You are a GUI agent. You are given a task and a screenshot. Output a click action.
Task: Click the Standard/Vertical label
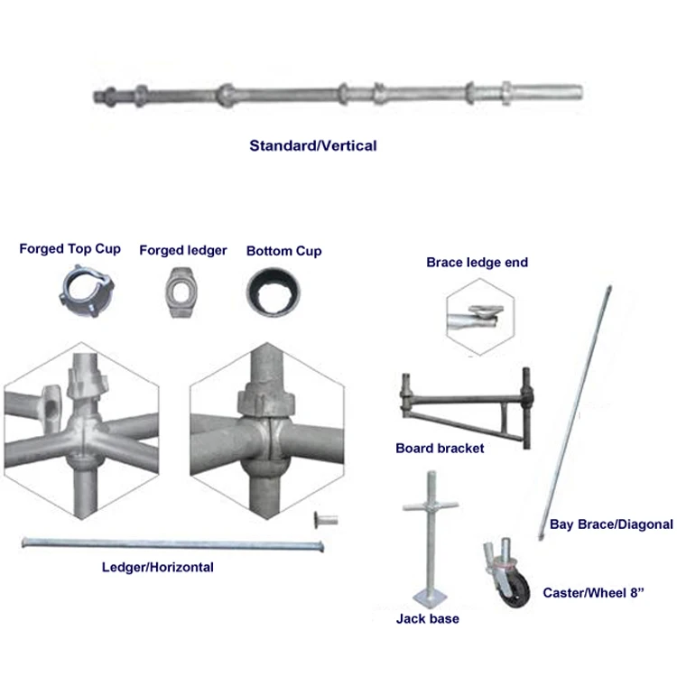click(x=312, y=144)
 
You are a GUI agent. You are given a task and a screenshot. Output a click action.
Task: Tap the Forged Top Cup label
click(x=70, y=249)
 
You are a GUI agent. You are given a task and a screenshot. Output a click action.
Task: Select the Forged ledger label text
click(x=182, y=250)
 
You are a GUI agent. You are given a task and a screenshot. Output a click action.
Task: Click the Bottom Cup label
click(x=283, y=250)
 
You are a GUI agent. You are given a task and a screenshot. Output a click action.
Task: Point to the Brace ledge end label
click(x=477, y=263)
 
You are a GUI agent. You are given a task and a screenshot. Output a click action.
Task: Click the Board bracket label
click(x=440, y=448)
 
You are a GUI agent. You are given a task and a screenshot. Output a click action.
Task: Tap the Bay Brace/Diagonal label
click(x=612, y=524)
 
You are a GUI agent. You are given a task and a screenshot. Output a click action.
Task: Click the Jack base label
click(x=427, y=619)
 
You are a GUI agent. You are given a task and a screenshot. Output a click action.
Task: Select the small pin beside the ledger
click(x=321, y=520)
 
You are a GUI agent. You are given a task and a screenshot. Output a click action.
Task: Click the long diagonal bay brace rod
click(x=577, y=407)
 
